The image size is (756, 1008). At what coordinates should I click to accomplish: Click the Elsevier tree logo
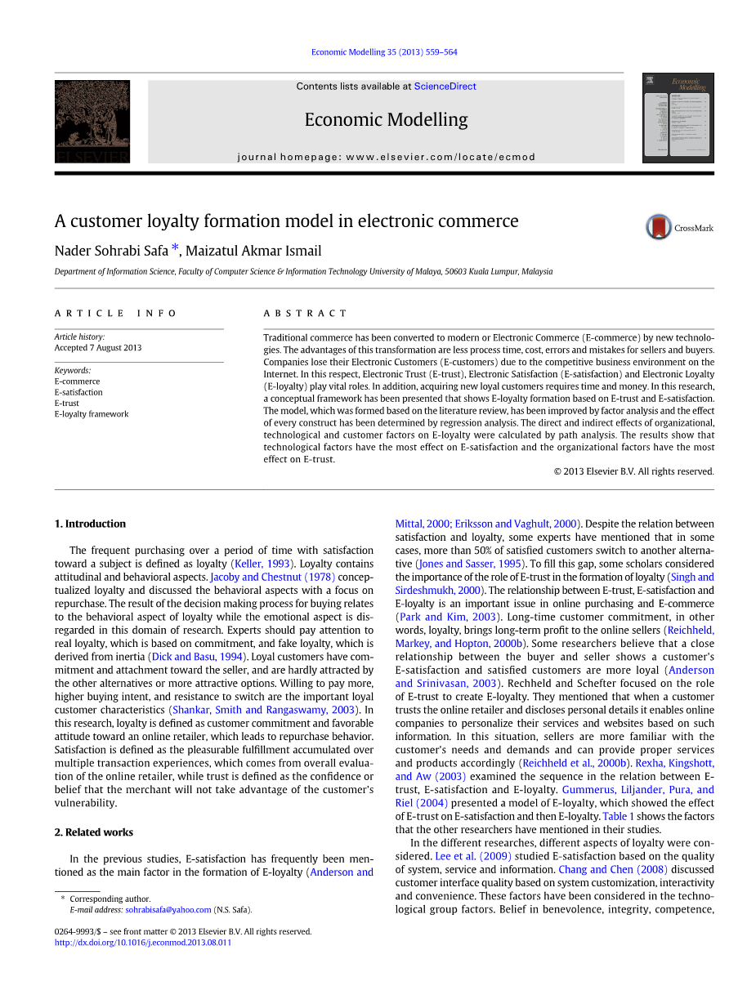pos(92,121)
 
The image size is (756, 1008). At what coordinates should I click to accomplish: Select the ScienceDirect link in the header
pos(445,87)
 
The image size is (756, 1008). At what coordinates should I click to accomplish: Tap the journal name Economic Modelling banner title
pos(386,120)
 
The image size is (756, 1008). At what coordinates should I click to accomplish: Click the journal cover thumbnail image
pos(678,118)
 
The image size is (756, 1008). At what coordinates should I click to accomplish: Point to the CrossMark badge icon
pos(659,227)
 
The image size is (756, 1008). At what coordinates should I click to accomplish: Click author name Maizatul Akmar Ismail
pos(253,252)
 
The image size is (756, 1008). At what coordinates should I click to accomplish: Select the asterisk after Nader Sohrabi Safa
pos(175,249)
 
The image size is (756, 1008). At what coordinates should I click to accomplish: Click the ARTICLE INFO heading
pos(116,314)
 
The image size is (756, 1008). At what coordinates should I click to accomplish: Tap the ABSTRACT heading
pos(305,314)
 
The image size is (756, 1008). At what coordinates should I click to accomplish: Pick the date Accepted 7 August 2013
pos(98,348)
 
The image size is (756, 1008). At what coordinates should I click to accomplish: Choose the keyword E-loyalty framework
pos(92,414)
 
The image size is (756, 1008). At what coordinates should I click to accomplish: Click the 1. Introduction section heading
pos(90,524)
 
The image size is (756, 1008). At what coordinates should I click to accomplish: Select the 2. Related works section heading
pos(94,832)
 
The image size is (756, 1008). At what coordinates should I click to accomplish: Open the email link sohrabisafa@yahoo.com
pos(168,910)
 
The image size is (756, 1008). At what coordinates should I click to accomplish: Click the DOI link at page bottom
pos(143,943)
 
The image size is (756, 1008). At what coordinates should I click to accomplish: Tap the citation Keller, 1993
pos(262,564)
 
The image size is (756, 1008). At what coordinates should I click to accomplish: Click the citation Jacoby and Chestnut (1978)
pos(272,577)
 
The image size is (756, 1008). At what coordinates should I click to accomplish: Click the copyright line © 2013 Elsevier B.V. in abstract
pos(633,471)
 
